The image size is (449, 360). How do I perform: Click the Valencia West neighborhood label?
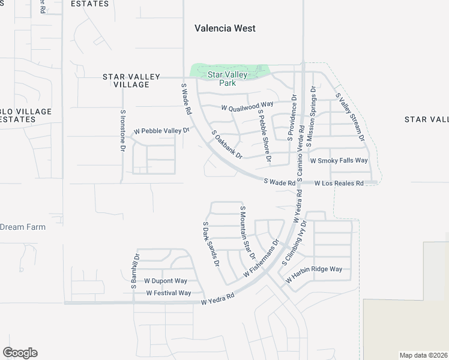225,28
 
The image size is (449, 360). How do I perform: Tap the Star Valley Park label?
228,79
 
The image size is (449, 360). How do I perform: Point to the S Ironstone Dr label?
122,131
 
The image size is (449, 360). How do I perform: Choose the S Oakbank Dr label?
226,145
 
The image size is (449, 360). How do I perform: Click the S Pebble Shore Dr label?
264,136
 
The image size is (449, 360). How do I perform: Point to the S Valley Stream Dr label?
351,117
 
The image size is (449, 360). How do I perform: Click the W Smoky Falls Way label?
339,161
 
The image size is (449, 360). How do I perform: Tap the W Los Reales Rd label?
339,183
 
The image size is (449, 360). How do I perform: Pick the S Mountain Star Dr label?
246,230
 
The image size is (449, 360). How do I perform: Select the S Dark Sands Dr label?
209,244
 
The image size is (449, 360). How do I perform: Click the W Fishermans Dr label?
262,259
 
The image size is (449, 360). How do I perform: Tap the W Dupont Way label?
166,281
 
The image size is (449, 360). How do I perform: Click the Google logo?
20,353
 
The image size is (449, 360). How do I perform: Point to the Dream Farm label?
23,227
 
